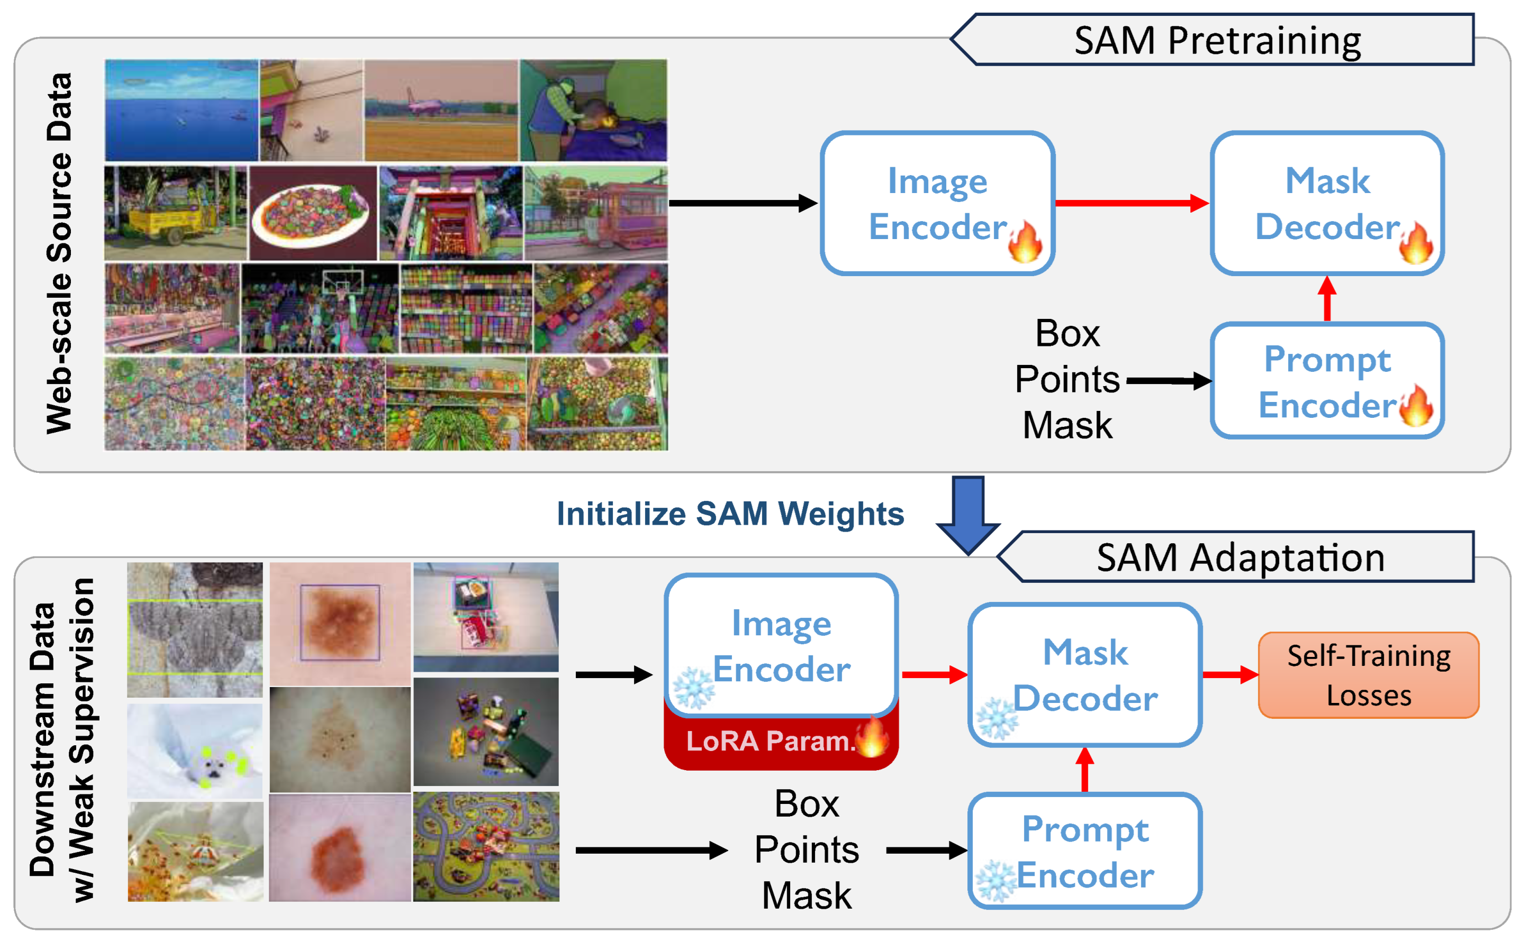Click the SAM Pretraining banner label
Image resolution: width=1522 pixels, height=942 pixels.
1217,41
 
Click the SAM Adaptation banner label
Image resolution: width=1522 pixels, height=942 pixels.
1240,557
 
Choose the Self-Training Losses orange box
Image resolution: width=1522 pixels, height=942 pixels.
1368,675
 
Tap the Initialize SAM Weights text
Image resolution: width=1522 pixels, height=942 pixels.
730,514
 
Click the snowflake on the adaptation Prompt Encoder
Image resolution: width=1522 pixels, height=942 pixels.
995,881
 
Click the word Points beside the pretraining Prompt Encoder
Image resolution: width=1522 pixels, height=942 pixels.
1066,379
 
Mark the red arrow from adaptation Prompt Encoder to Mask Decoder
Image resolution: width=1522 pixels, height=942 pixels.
1084,770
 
